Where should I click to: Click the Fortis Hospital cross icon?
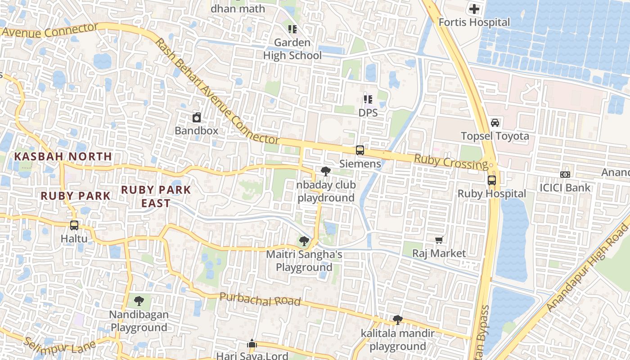pyautogui.click(x=474, y=9)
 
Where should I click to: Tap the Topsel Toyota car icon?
pyautogui.click(x=495, y=122)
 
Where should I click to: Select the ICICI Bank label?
pyautogui.click(x=565, y=187)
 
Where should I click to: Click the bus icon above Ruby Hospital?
pyautogui.click(x=492, y=180)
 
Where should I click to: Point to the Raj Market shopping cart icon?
pyautogui.click(x=439, y=240)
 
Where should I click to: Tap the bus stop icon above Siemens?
pyautogui.click(x=360, y=150)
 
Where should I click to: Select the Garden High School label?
pyautogui.click(x=292, y=49)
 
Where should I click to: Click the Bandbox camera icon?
pyautogui.click(x=197, y=118)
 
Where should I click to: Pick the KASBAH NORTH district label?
pyautogui.click(x=63, y=157)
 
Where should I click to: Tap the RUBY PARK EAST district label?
pyautogui.click(x=156, y=196)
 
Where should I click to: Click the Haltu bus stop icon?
pyautogui.click(x=74, y=225)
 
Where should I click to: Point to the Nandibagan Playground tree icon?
pyautogui.click(x=139, y=301)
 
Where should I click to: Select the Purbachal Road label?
pyautogui.click(x=260, y=299)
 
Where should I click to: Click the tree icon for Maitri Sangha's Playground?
pyautogui.click(x=304, y=241)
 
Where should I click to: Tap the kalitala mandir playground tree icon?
pyautogui.click(x=397, y=320)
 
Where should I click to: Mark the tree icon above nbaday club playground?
pyautogui.click(x=326, y=171)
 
